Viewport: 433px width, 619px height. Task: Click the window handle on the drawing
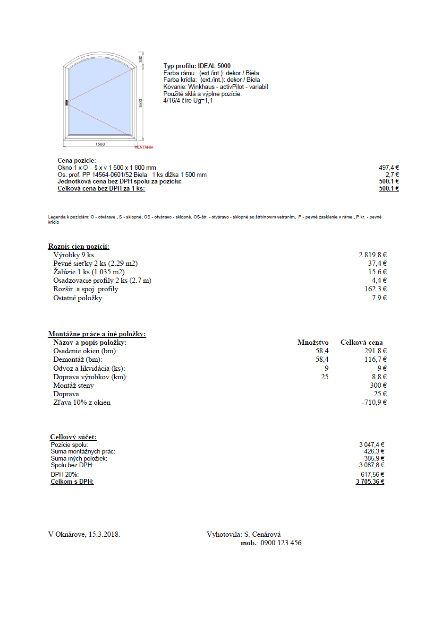pyautogui.click(x=67, y=103)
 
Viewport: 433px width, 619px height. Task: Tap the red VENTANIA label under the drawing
pyautogui.click(x=144, y=147)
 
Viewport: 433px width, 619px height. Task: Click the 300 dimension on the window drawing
pyautogui.click(x=140, y=59)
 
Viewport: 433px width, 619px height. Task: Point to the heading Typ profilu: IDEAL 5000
pyautogui.click(x=197, y=66)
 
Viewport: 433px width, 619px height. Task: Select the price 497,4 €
pyautogui.click(x=389, y=167)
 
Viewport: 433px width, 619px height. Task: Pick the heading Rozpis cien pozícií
pyautogui.click(x=79, y=246)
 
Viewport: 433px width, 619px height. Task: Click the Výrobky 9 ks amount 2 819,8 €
pyautogui.click(x=373, y=255)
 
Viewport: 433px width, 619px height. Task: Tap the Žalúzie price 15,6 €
pyautogui.click(x=378, y=272)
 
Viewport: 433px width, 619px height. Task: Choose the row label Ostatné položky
pyautogui.click(x=77, y=298)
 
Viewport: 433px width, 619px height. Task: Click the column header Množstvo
pyautogui.click(x=313, y=342)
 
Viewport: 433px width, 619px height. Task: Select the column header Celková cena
pyautogui.click(x=361, y=342)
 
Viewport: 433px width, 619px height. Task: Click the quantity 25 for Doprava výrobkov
pyautogui.click(x=324, y=377)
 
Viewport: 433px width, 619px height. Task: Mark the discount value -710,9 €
pyautogui.click(x=374, y=402)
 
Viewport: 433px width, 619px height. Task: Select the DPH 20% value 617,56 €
pyautogui.click(x=372, y=474)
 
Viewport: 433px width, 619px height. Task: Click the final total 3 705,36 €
pyautogui.click(x=370, y=482)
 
